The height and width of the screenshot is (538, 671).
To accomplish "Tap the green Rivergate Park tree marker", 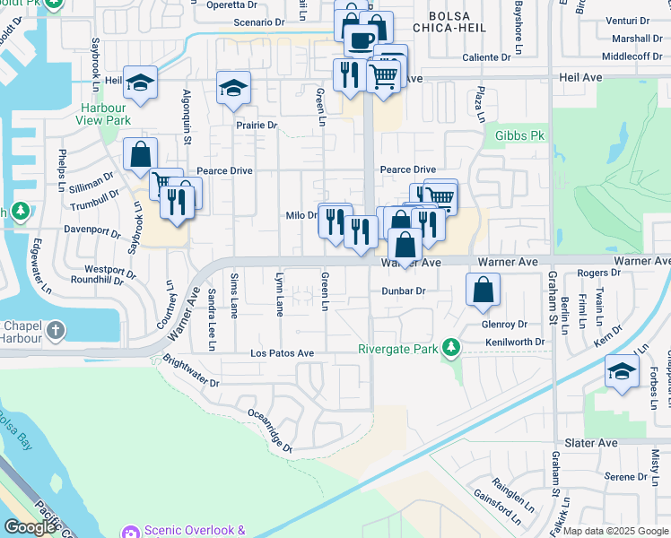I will click(x=454, y=346).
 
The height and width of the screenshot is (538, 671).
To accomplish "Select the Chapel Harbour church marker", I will click(x=56, y=331).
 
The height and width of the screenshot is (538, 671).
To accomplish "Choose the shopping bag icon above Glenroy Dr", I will click(x=483, y=290).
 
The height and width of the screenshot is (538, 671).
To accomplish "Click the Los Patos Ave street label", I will click(x=282, y=354).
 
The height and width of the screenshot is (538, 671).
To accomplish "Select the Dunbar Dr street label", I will click(x=403, y=291).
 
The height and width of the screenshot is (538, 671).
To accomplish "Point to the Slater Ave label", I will click(x=591, y=443).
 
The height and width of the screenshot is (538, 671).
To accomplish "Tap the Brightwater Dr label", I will click(x=191, y=371).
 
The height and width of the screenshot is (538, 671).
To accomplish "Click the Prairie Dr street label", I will click(x=257, y=126).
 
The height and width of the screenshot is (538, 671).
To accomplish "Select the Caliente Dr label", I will click(x=486, y=56).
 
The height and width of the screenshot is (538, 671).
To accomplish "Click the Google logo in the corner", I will click(x=30, y=527).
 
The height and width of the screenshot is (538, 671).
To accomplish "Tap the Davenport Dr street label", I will click(x=92, y=230).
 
